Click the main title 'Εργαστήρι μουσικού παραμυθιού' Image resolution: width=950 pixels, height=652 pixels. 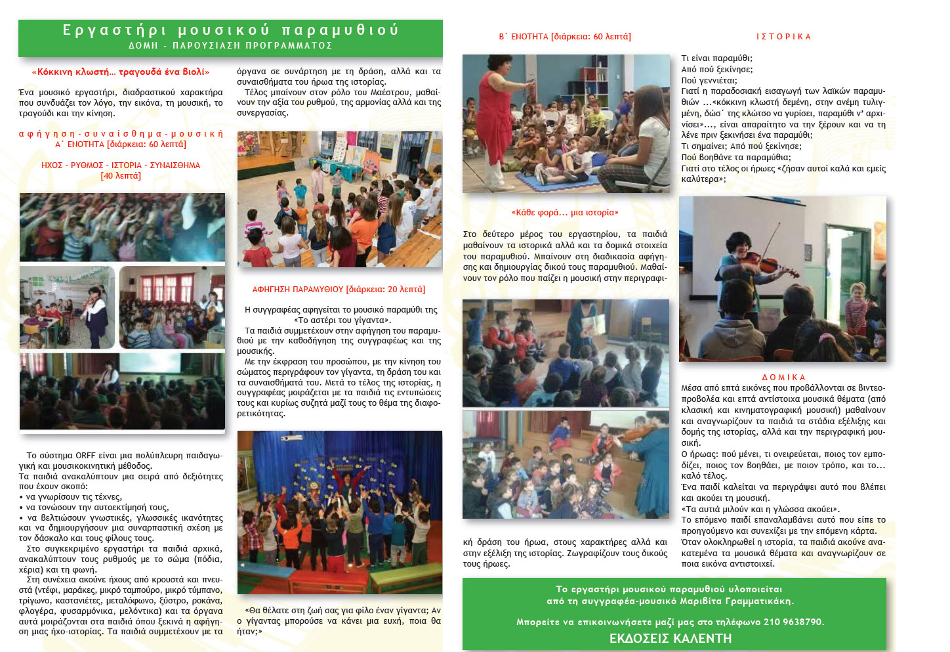point(230,30)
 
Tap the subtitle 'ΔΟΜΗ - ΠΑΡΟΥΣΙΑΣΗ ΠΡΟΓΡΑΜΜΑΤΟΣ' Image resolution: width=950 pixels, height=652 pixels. point(230,46)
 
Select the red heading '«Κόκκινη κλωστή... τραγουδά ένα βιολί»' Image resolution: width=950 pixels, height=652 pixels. point(121,72)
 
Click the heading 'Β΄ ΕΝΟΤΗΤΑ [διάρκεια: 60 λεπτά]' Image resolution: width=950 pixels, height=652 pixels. point(565,37)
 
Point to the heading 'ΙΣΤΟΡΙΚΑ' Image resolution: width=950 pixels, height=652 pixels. point(783,37)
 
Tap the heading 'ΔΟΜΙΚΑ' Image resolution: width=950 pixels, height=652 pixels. point(783,378)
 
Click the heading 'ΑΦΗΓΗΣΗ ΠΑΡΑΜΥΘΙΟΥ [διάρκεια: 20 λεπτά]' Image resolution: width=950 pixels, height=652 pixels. point(339,290)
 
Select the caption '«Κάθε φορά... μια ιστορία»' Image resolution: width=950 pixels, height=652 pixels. point(565,213)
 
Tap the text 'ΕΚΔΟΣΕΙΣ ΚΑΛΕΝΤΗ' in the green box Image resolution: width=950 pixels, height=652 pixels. point(671,638)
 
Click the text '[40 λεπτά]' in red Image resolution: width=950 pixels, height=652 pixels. point(121,176)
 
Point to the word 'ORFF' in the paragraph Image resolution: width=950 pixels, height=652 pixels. point(85,456)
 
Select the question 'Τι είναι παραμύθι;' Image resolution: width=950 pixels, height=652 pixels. point(716,58)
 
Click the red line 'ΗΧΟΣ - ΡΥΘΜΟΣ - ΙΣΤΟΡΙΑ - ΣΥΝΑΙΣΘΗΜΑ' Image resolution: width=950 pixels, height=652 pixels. point(121,165)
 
